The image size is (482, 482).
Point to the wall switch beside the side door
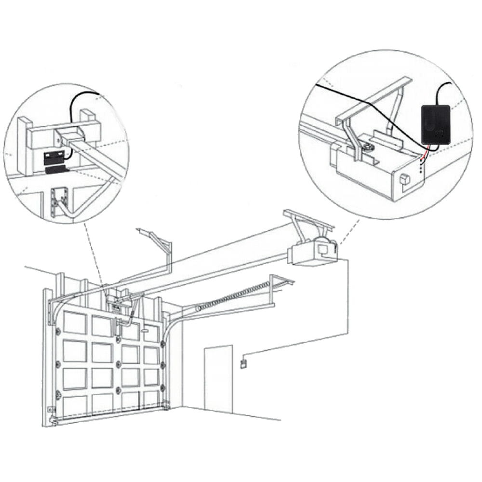(244, 362)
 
